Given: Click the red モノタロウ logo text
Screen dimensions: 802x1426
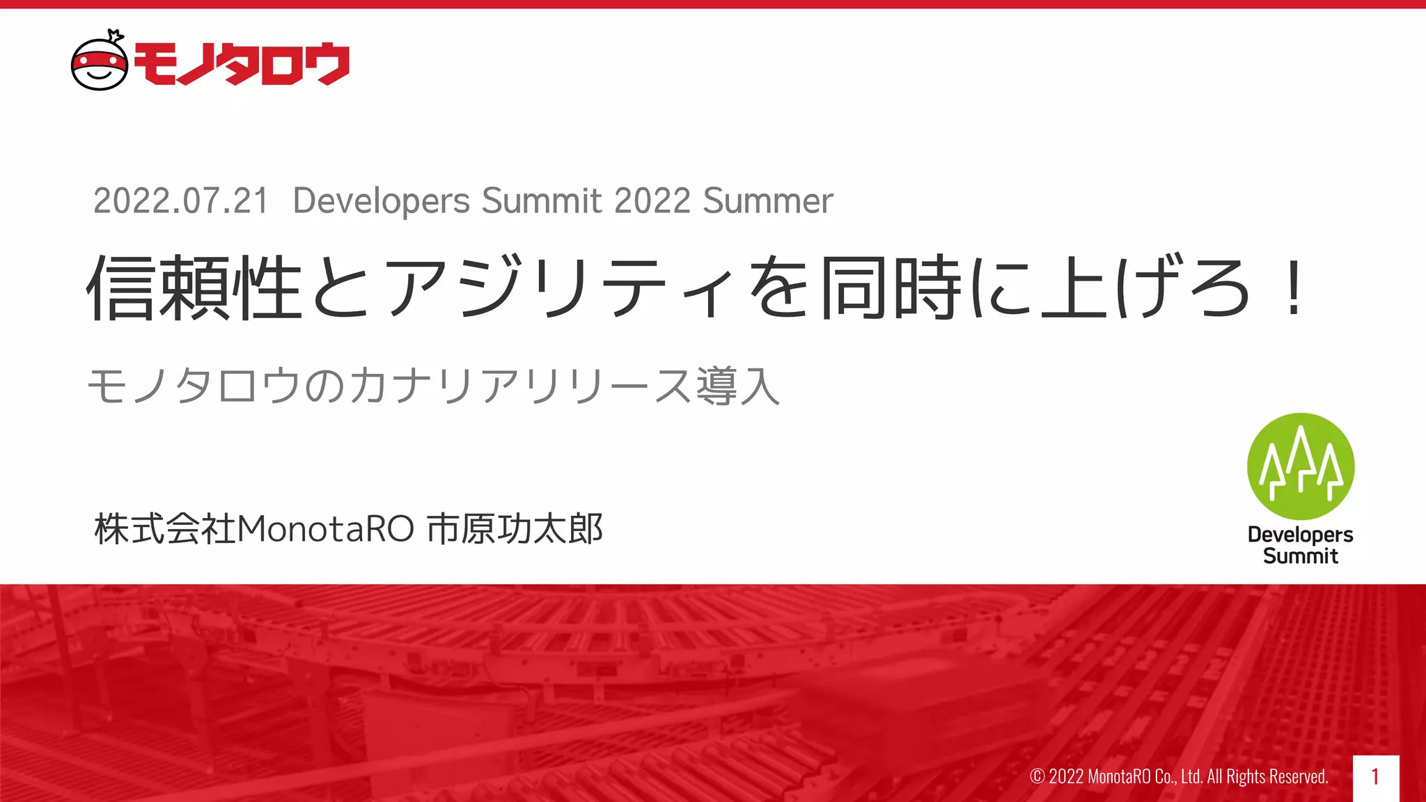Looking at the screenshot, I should coord(241,64).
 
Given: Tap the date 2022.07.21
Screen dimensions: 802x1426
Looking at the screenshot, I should coord(181,201).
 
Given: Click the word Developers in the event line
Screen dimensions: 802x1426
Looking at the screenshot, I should coord(381,201).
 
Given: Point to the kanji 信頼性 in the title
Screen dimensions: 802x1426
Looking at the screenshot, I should coord(194,288).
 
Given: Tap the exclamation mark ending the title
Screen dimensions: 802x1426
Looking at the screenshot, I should coord(1294,288).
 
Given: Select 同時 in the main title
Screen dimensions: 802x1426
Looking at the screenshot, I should coord(891,288).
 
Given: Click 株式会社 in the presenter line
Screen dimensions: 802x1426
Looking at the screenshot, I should coord(165,529).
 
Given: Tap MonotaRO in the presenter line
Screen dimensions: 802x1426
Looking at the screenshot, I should coord(326,529).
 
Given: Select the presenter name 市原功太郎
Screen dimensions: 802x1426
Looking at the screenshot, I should coord(515,529).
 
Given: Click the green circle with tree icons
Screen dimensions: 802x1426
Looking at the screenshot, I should coord(1300,466).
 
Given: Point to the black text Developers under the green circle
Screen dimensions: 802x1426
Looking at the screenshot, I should coord(1300,535).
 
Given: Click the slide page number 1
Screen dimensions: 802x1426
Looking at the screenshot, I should coord(1375,777).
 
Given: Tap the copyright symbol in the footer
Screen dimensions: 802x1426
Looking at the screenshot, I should coord(1037,776).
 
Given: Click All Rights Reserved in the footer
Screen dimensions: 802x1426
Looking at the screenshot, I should coord(1267,776).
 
